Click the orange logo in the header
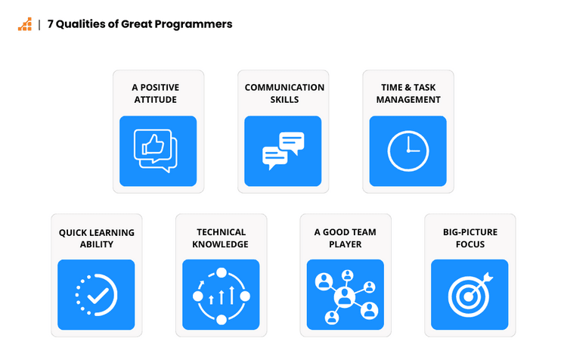pos(24,24)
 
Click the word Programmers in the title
pos(199,24)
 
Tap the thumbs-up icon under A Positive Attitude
pos(155,150)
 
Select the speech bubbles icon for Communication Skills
pos(283,151)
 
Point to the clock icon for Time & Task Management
pos(407,151)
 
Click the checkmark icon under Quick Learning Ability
pos(96,295)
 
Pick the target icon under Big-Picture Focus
pos(469,294)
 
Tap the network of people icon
pos(345,295)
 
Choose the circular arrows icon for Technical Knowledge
pos(221,295)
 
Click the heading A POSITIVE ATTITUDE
pos(158,93)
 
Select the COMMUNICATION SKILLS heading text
pos(283,93)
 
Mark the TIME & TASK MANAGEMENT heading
pos(408,93)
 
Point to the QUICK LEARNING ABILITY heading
pos(96,238)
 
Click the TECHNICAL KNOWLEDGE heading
pos(221,238)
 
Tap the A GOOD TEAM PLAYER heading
pos(345,238)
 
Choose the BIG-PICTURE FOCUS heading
pos(469,238)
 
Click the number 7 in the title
pos(51,24)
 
